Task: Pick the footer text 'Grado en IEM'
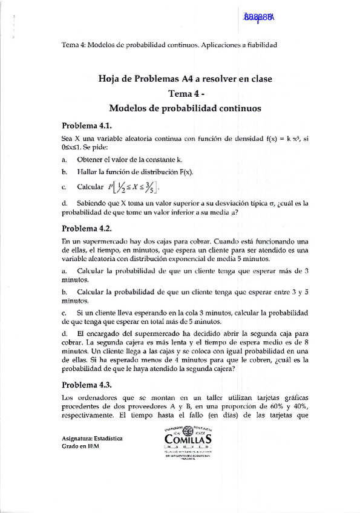pos(80,446)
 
